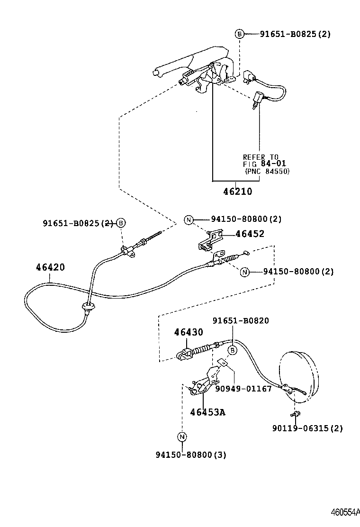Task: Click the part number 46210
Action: (x=237, y=192)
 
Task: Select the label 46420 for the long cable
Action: (x=50, y=267)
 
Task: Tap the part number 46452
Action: (x=250, y=234)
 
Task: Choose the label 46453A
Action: (x=207, y=412)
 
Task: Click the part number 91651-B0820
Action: (x=240, y=321)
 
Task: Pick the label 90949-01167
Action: (x=243, y=389)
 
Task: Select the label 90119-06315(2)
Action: (x=307, y=428)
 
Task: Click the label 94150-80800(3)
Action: (x=190, y=455)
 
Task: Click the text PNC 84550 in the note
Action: (x=268, y=171)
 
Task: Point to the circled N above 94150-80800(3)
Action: (x=182, y=436)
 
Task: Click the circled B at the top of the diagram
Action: (x=240, y=34)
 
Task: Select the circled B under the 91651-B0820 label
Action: (x=233, y=351)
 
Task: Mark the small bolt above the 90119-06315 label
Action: (x=295, y=415)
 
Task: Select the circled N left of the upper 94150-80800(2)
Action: (x=189, y=219)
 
